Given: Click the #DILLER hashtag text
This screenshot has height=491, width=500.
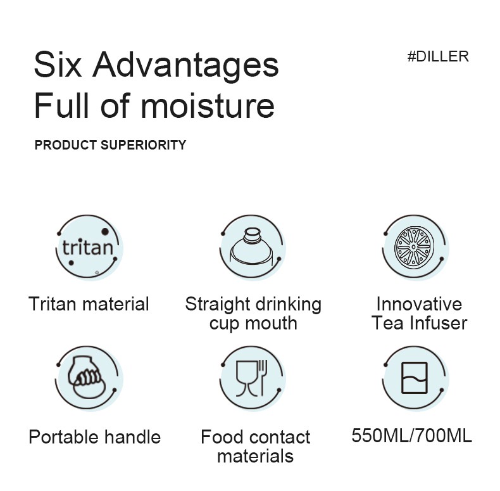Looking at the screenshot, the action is pos(438,56).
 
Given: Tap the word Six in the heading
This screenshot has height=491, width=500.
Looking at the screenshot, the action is pos(58,65).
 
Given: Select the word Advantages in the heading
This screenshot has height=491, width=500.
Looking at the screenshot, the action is pos(185,67).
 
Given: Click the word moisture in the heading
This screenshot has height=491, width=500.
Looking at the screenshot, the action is pos(208,106).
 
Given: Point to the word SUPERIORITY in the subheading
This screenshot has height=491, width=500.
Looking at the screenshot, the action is pos(144,145).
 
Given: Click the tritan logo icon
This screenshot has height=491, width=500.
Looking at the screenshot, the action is pos(89,248).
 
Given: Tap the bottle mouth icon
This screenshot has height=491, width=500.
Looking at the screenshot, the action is pos(252,248).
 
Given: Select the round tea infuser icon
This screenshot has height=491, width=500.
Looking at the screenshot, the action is pos(415,248).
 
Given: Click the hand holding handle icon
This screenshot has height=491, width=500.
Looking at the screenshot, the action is pos(89,378).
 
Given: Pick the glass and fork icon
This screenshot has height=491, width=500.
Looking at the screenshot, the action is pos(252,378).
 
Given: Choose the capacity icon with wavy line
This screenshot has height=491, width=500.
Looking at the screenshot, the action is pos(415,378).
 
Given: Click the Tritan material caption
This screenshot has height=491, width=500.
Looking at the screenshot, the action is pos(89,303).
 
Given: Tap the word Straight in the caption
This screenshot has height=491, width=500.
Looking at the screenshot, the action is pos(218,305).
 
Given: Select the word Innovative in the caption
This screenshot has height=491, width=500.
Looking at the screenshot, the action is pos(419,303).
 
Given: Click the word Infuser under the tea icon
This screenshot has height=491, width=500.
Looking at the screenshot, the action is pos(439,322).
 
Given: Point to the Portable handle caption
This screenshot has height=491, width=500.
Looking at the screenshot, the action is pos(95,437).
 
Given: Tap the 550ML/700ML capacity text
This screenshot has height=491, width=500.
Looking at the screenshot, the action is pos(411,435).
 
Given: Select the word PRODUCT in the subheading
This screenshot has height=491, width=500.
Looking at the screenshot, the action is pos(66,145).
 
